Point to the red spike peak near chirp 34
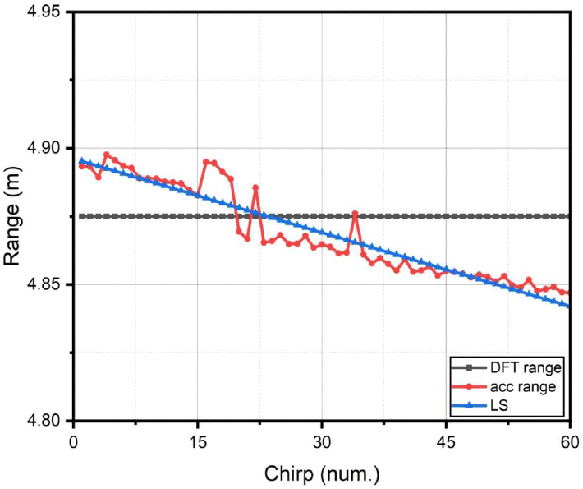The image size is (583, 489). (355, 214)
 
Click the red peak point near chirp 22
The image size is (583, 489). (255, 187)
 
